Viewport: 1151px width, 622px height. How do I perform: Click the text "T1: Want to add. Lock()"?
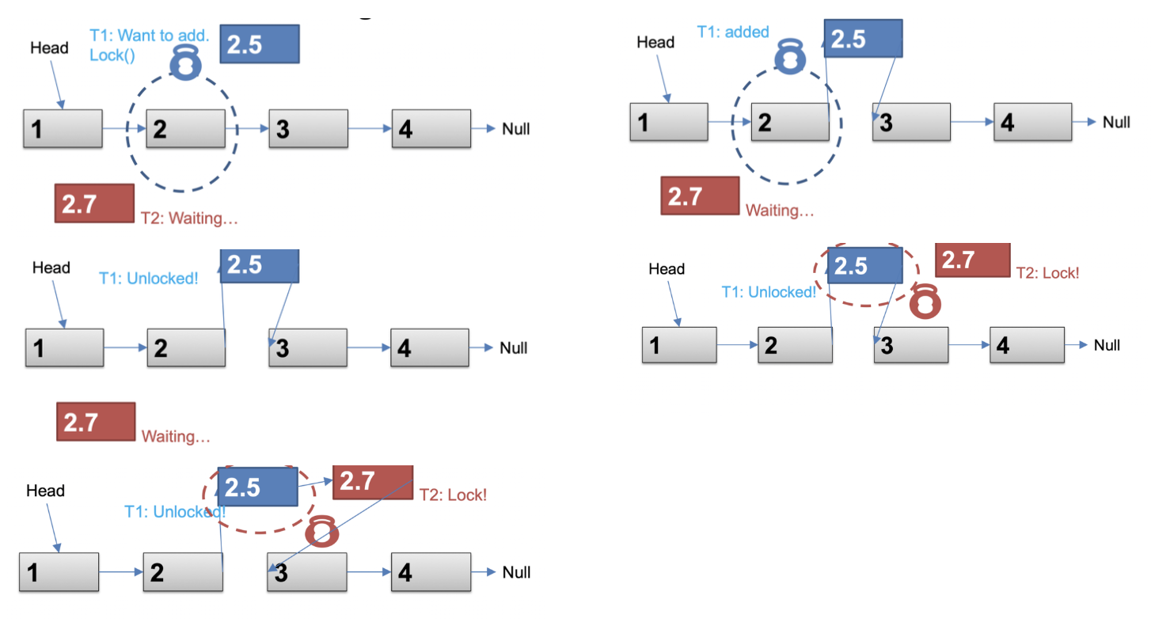(149, 45)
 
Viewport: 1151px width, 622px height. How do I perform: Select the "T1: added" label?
(732, 32)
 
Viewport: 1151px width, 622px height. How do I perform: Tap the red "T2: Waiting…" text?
(189, 218)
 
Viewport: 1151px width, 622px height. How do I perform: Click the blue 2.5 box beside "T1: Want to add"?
(259, 44)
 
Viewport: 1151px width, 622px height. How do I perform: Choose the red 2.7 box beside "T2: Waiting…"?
(94, 203)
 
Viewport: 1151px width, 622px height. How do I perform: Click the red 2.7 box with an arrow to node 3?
(372, 482)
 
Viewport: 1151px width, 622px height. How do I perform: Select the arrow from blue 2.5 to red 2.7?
(315, 480)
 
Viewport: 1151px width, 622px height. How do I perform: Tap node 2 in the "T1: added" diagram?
(789, 123)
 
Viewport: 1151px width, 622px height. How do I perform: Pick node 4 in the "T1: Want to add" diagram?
(431, 129)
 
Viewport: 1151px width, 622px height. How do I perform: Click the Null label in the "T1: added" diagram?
(1116, 122)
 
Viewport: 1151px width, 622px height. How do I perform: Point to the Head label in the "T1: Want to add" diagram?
(49, 48)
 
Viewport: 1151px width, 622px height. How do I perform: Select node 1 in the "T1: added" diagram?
(668, 123)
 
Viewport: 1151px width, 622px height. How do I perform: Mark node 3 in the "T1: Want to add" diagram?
(308, 129)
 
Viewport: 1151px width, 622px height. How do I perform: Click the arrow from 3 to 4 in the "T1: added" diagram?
(971, 122)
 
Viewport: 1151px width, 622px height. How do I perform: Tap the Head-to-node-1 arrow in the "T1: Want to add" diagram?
(57, 83)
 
